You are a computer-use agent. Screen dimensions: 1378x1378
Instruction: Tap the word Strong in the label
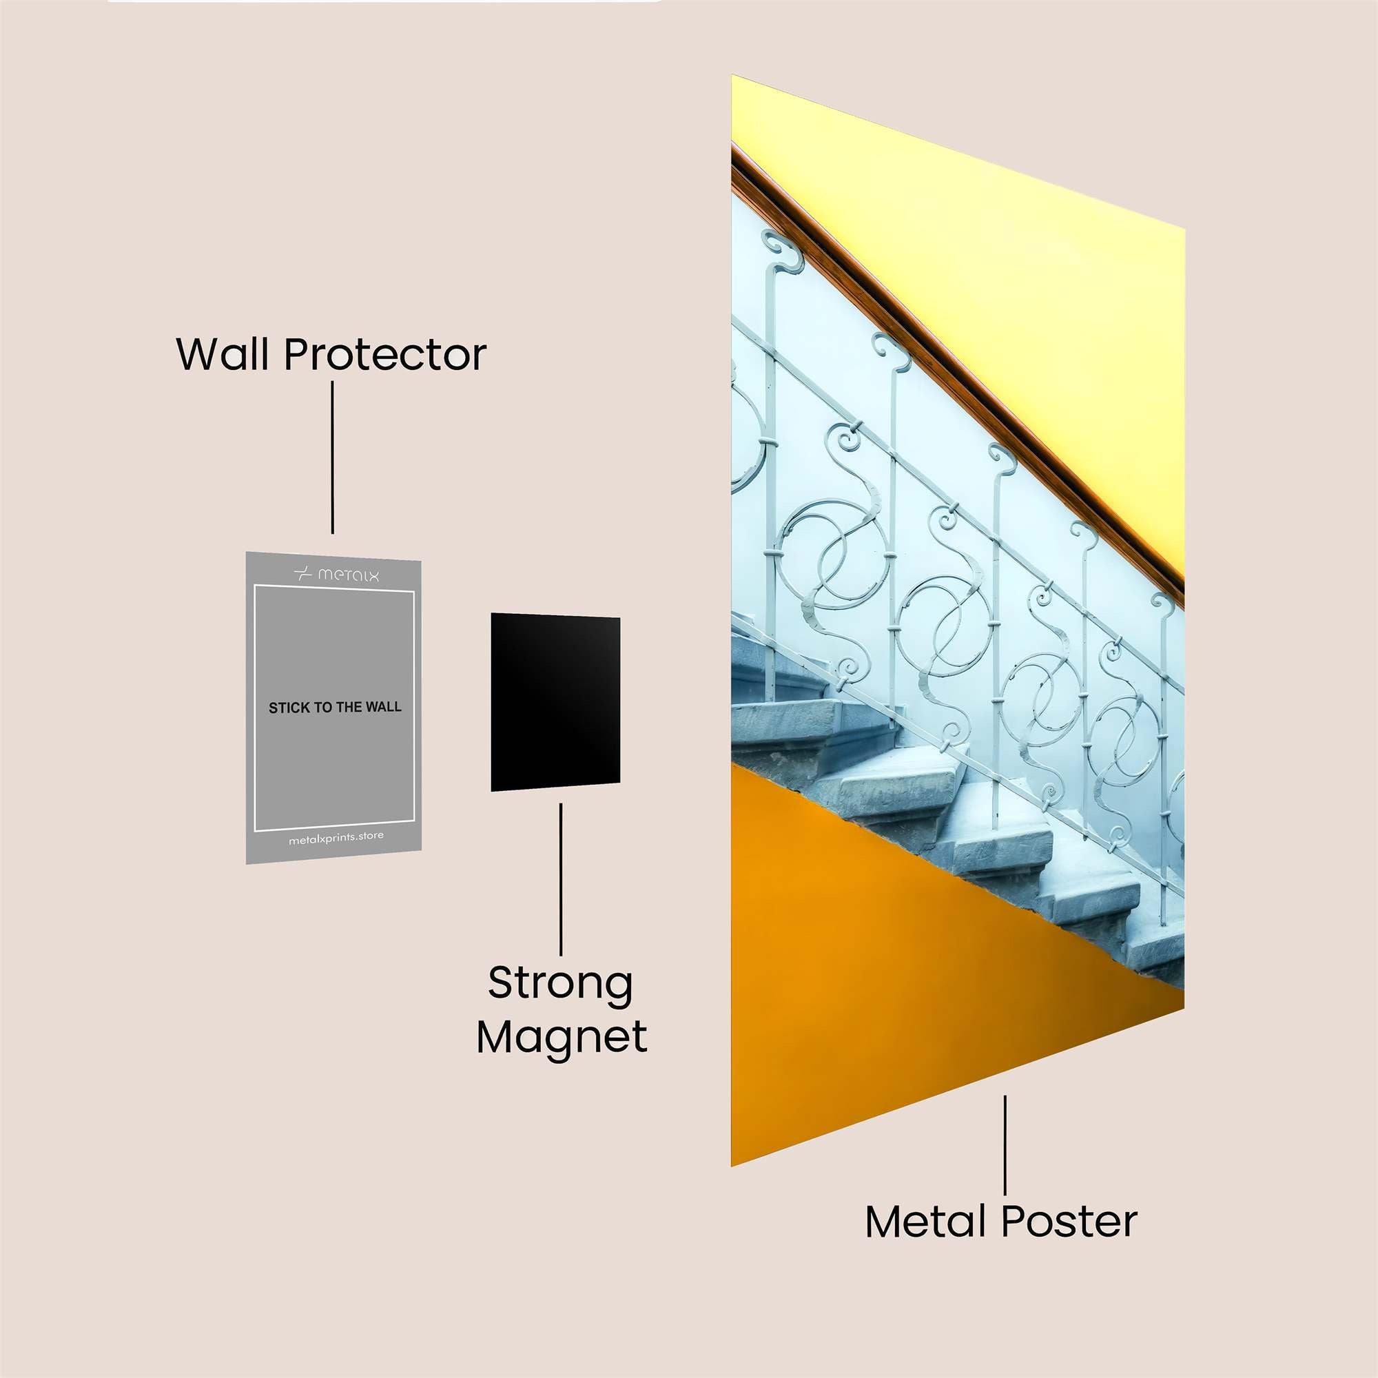(x=561, y=984)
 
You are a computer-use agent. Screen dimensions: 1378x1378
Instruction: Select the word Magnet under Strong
(x=562, y=1038)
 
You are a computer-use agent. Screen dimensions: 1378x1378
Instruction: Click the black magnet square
(x=555, y=702)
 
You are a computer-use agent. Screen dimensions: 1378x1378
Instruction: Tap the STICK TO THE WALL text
(x=335, y=708)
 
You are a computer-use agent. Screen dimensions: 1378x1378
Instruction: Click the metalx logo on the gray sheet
(x=336, y=574)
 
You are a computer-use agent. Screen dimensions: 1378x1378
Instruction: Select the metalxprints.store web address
(x=336, y=838)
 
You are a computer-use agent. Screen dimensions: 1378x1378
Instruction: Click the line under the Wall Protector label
(x=332, y=457)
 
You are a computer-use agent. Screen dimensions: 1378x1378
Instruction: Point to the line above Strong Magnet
(x=561, y=879)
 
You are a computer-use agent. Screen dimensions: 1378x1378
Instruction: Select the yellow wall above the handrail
(x=998, y=285)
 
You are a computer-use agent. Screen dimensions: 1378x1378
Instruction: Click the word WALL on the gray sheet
(x=384, y=707)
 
